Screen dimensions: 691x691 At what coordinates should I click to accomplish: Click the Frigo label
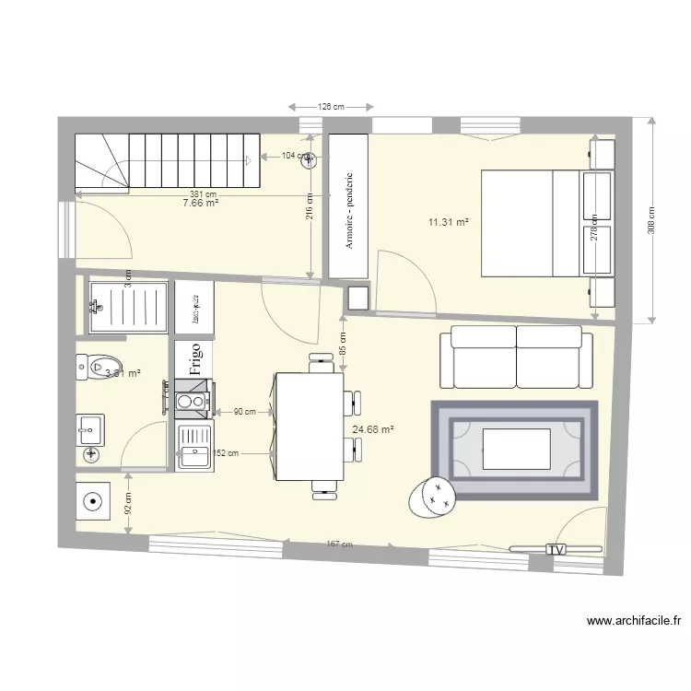(x=194, y=358)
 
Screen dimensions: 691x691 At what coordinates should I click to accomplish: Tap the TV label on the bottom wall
(x=555, y=549)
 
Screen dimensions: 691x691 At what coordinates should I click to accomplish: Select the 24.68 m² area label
(x=373, y=429)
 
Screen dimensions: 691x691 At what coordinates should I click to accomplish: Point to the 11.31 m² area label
(x=449, y=222)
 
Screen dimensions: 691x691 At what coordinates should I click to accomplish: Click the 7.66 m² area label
(x=201, y=203)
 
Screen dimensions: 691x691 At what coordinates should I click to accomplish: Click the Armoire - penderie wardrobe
(x=348, y=207)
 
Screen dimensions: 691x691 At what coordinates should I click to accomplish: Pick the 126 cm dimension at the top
(x=331, y=107)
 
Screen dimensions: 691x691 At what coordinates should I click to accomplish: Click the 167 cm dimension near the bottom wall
(x=339, y=545)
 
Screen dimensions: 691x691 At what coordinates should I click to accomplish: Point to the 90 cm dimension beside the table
(x=244, y=412)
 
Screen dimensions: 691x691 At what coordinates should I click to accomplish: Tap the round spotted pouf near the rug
(x=432, y=498)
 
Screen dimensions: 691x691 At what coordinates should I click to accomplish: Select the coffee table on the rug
(x=516, y=450)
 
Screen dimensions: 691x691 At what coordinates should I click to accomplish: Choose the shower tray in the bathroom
(x=129, y=306)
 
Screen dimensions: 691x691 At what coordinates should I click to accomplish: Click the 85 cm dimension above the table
(x=342, y=344)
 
